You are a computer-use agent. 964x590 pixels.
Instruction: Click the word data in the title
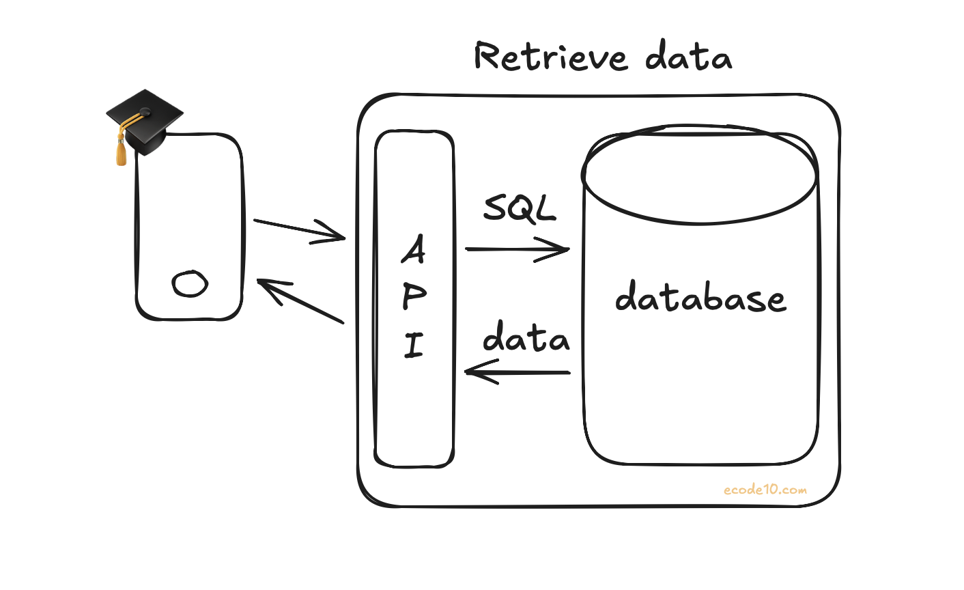point(688,57)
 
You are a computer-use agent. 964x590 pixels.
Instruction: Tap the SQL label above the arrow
point(520,208)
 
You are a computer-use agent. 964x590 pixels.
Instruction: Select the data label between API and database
point(526,337)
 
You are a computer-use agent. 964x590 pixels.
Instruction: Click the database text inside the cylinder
point(700,298)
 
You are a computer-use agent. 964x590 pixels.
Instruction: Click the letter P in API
point(414,296)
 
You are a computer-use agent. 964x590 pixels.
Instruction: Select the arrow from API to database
point(517,249)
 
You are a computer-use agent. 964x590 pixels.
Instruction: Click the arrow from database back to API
point(517,373)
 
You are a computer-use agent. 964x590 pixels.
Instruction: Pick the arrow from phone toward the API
point(299,229)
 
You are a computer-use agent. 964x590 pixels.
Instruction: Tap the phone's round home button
point(190,283)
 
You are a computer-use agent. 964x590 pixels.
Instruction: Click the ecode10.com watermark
point(765,490)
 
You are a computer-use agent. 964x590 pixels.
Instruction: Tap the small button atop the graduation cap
point(145,111)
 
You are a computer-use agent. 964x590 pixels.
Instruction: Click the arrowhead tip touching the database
point(568,249)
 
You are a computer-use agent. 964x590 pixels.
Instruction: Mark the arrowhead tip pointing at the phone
point(258,281)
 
